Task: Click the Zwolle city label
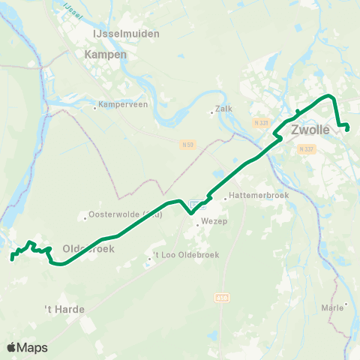click(309, 130)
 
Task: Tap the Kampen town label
click(106, 55)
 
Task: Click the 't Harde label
click(65, 308)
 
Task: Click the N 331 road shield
click(261, 122)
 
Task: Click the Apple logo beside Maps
click(12, 347)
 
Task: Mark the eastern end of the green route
click(348, 129)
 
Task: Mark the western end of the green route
click(12, 259)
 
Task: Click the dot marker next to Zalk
click(212, 114)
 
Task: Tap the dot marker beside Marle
click(346, 304)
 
